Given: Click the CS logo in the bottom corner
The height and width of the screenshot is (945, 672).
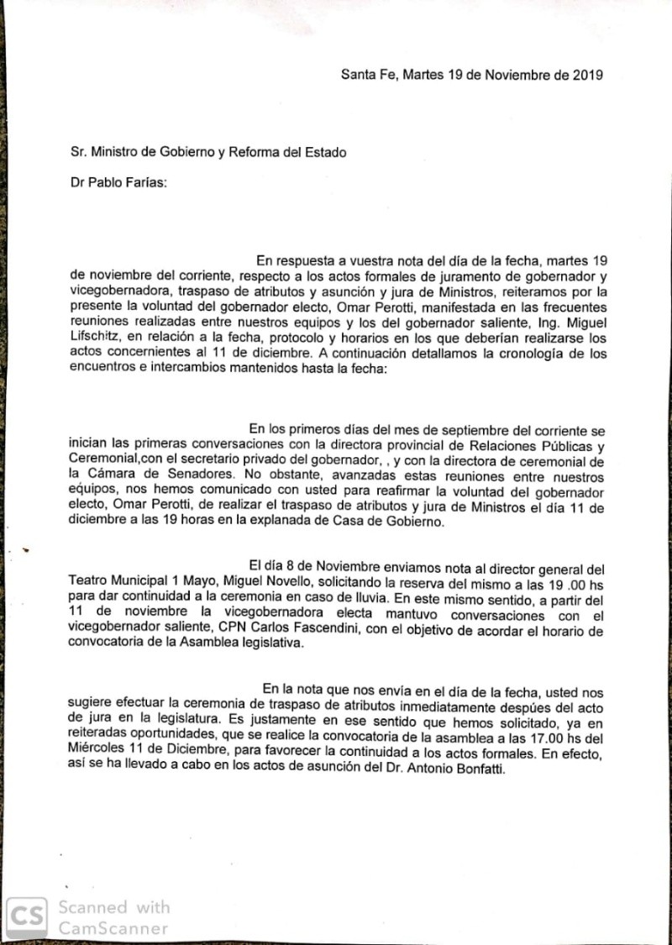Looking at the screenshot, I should click(27, 915).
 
